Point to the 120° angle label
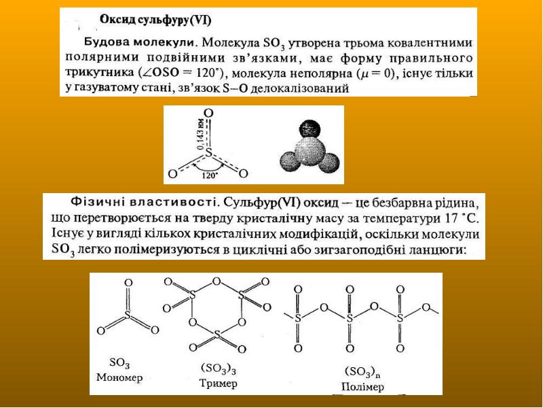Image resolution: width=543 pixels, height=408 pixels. click(210, 175)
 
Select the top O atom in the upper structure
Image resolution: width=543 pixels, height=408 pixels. click(208, 113)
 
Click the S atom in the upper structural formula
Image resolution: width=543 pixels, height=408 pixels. click(208, 154)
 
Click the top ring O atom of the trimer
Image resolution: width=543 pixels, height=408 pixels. click(217, 280)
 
